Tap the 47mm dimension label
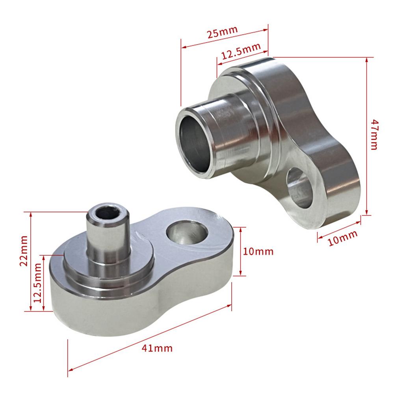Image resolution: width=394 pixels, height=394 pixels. point(374,135)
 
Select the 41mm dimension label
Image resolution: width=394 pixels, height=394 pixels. point(157,348)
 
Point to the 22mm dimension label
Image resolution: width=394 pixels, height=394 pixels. point(24,251)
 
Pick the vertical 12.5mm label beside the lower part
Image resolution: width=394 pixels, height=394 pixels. point(38,283)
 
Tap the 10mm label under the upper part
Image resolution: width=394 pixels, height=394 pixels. point(342,238)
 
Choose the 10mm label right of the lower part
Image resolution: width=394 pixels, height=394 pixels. point(258,251)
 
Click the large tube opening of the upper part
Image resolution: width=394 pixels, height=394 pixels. point(195,143)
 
